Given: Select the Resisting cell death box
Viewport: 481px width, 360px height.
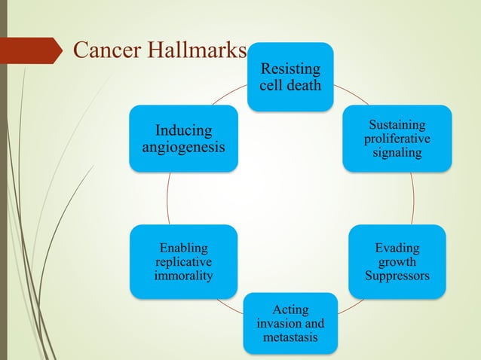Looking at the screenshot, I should tap(290, 77).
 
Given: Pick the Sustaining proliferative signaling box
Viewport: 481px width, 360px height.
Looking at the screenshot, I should tap(397, 139).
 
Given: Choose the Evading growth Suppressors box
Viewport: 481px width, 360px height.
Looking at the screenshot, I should tap(397, 261).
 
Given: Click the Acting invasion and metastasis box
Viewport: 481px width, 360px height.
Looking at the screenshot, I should tap(290, 323).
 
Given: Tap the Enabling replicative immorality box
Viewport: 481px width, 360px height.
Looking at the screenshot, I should tap(184, 261).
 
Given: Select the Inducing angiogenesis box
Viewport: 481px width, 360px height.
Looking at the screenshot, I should tap(184, 139).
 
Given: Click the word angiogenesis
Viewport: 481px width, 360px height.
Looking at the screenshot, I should tap(184, 148).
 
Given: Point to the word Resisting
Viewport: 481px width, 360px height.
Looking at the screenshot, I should tap(290, 69).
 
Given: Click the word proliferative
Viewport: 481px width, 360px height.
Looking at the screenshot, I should tap(397, 139).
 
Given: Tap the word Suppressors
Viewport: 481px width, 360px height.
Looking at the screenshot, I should tap(397, 276).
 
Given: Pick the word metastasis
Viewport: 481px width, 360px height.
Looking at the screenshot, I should tap(290, 337).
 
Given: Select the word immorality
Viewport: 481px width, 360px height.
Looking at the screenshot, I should tap(184, 276).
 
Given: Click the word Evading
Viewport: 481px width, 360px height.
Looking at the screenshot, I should tap(397, 248).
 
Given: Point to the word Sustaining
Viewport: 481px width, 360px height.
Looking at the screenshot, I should tap(397, 124).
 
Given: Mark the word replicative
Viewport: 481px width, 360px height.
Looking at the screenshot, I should tap(184, 262).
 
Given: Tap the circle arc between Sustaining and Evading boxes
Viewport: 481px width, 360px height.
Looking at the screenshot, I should tap(413, 197).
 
